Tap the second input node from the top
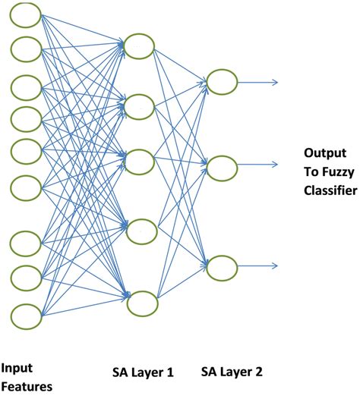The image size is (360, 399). [x=27, y=49]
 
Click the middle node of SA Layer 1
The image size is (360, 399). [x=141, y=162]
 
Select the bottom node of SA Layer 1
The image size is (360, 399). [x=142, y=303]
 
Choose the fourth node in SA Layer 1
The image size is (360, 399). [x=141, y=231]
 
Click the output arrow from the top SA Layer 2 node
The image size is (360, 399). [x=258, y=82]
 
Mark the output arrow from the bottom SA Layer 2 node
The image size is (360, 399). [x=258, y=266]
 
